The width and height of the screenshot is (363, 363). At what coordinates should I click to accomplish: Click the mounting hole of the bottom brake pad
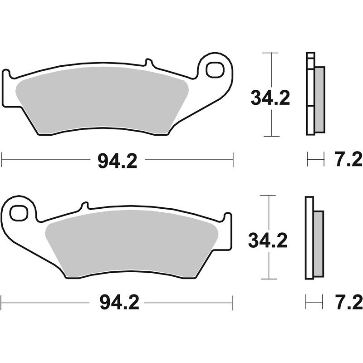coord(19,212)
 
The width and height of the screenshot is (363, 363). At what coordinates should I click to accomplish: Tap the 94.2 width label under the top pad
coord(117,160)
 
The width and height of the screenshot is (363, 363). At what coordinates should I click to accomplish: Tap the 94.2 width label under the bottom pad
coord(117,302)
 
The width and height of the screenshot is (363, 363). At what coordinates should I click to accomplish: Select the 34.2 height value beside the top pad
coord(270,98)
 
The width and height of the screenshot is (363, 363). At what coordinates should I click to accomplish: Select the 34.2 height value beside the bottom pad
coord(268,240)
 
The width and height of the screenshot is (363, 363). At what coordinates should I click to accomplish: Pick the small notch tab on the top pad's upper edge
coord(148,63)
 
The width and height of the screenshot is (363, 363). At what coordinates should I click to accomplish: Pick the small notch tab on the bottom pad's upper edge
coord(83,206)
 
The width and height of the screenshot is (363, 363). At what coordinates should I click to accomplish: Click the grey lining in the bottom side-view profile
coord(319,244)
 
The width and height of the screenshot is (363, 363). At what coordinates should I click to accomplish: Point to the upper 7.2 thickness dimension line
coord(316,159)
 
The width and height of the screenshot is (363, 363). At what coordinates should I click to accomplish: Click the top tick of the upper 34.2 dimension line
coord(271,53)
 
